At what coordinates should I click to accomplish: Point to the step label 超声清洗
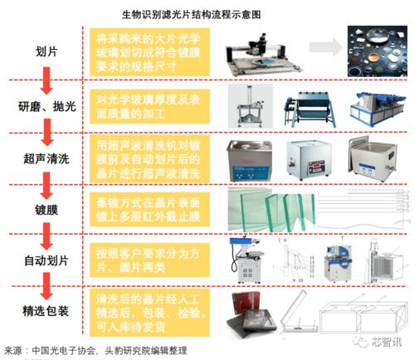click(x=41, y=158)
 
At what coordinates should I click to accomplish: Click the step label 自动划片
click(x=41, y=259)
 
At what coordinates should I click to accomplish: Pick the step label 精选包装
click(x=41, y=310)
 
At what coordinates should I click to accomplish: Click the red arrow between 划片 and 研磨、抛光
click(x=41, y=78)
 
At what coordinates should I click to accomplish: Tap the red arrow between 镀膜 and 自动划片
click(x=41, y=235)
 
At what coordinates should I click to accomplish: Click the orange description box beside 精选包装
click(x=153, y=310)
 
